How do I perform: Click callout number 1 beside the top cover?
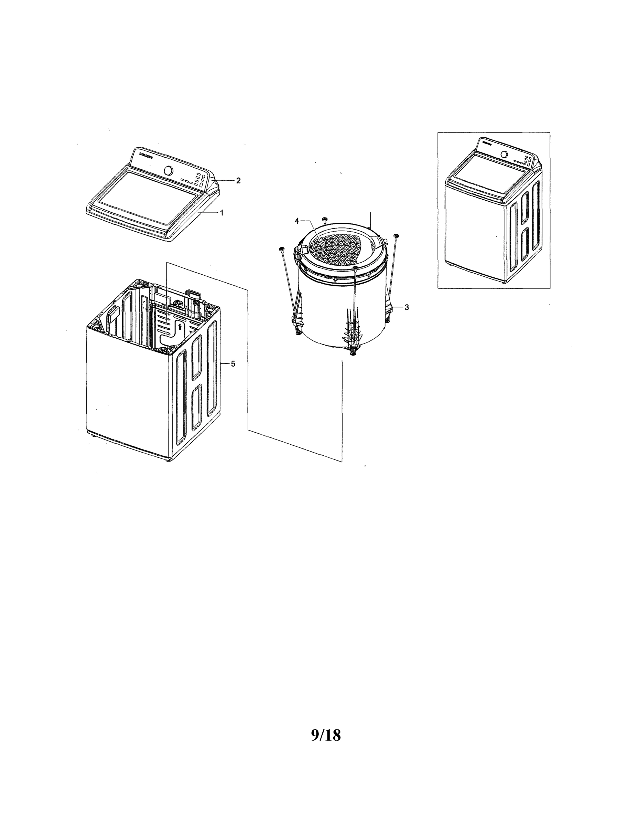pos(222,213)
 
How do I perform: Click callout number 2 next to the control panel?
pos(238,180)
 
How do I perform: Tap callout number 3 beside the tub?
pos(406,307)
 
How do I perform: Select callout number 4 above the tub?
pos(297,221)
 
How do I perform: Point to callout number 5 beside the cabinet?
pos(233,363)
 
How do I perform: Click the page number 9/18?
pos(326,735)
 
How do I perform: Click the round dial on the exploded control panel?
pos(169,171)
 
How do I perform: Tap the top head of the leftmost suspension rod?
pos(282,248)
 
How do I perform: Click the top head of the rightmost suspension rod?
pos(396,236)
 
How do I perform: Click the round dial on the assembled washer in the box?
pos(504,154)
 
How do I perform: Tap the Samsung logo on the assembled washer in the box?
pos(486,144)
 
